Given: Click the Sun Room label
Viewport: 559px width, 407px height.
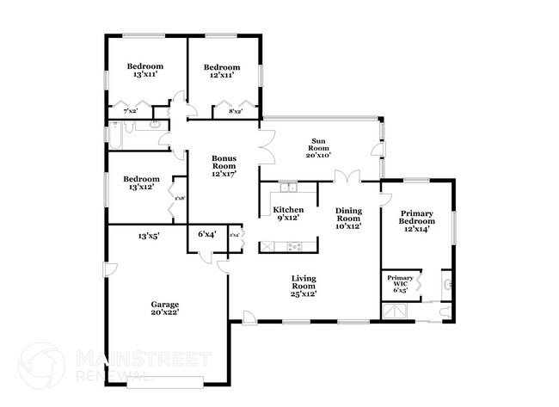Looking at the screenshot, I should tap(318, 151).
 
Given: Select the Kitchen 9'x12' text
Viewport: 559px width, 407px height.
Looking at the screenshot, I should tap(287, 214).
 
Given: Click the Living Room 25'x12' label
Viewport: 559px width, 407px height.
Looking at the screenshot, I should tap(304, 286).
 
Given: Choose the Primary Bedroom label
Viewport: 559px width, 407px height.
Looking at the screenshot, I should tap(415, 221).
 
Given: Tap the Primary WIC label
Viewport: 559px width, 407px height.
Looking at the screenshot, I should tap(399, 283).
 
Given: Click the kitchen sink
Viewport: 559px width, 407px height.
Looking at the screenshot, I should tap(287, 188).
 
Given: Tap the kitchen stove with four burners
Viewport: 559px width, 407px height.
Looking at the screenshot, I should tap(296, 246).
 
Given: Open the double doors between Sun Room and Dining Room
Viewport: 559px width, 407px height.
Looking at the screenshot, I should tap(347, 178).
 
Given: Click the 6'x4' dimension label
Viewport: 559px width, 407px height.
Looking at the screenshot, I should tap(206, 234).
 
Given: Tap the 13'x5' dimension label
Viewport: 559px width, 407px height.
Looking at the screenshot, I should tap(148, 234).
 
